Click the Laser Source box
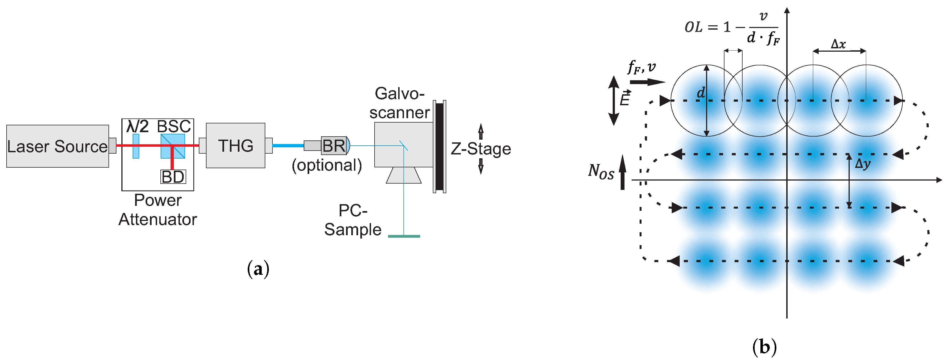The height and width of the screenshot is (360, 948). click(57, 146)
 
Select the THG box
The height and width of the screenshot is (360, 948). click(236, 145)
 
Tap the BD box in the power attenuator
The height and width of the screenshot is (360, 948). click(173, 177)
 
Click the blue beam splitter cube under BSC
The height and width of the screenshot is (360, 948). click(172, 146)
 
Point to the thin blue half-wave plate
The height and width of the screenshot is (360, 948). click(136, 146)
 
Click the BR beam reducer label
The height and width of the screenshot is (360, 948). click(334, 146)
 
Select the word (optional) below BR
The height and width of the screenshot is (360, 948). click(327, 165)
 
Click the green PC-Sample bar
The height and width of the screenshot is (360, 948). click(404, 236)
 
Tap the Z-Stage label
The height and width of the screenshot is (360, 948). click(481, 149)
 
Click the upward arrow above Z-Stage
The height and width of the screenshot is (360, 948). click(481, 131)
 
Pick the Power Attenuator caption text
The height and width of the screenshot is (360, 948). click(158, 210)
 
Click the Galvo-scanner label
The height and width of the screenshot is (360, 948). click(399, 103)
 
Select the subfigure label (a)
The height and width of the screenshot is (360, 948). click(258, 269)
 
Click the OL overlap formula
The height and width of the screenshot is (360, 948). click(732, 27)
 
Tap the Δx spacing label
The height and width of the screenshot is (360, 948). click(838, 45)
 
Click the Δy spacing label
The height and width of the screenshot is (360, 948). click(862, 164)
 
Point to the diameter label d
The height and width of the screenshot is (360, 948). click(701, 93)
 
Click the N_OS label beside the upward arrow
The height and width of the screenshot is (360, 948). click(601, 171)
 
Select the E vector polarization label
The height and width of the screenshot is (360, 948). click(625, 99)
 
